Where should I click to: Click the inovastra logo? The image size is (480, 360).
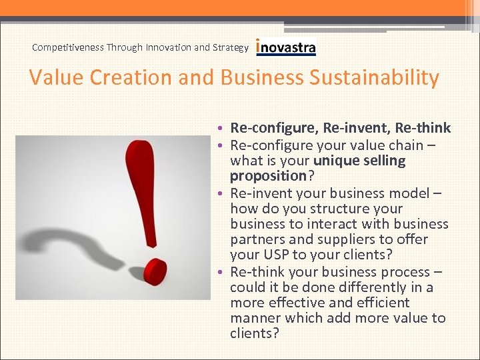click(285, 47)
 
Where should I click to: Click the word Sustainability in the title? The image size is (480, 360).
click(375, 78)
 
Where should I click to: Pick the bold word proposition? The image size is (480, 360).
click(267, 176)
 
